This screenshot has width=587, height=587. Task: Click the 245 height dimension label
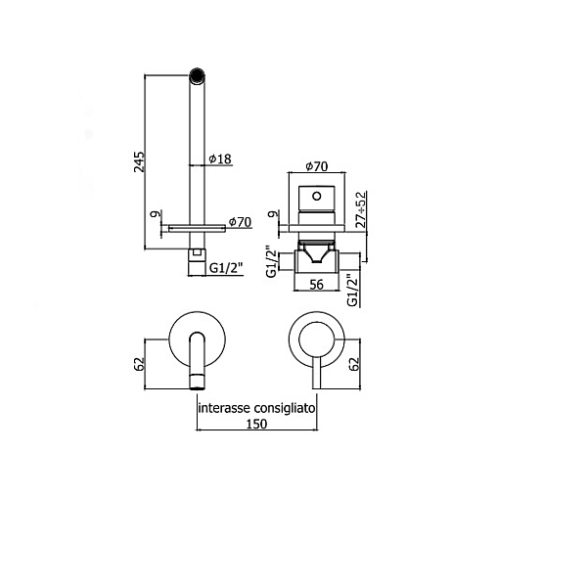tap(139, 161)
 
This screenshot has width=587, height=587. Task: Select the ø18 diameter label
tap(220, 159)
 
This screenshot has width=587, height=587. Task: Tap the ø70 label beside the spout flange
tap(240, 222)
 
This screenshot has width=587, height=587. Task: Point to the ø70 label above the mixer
tap(317, 166)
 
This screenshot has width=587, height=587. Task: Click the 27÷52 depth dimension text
tap(360, 209)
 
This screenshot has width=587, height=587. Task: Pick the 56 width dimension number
tap(316, 285)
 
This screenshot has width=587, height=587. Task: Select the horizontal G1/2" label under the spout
tap(226, 268)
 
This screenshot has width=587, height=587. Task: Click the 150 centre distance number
tap(256, 424)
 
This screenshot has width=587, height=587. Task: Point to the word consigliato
tap(285, 408)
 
